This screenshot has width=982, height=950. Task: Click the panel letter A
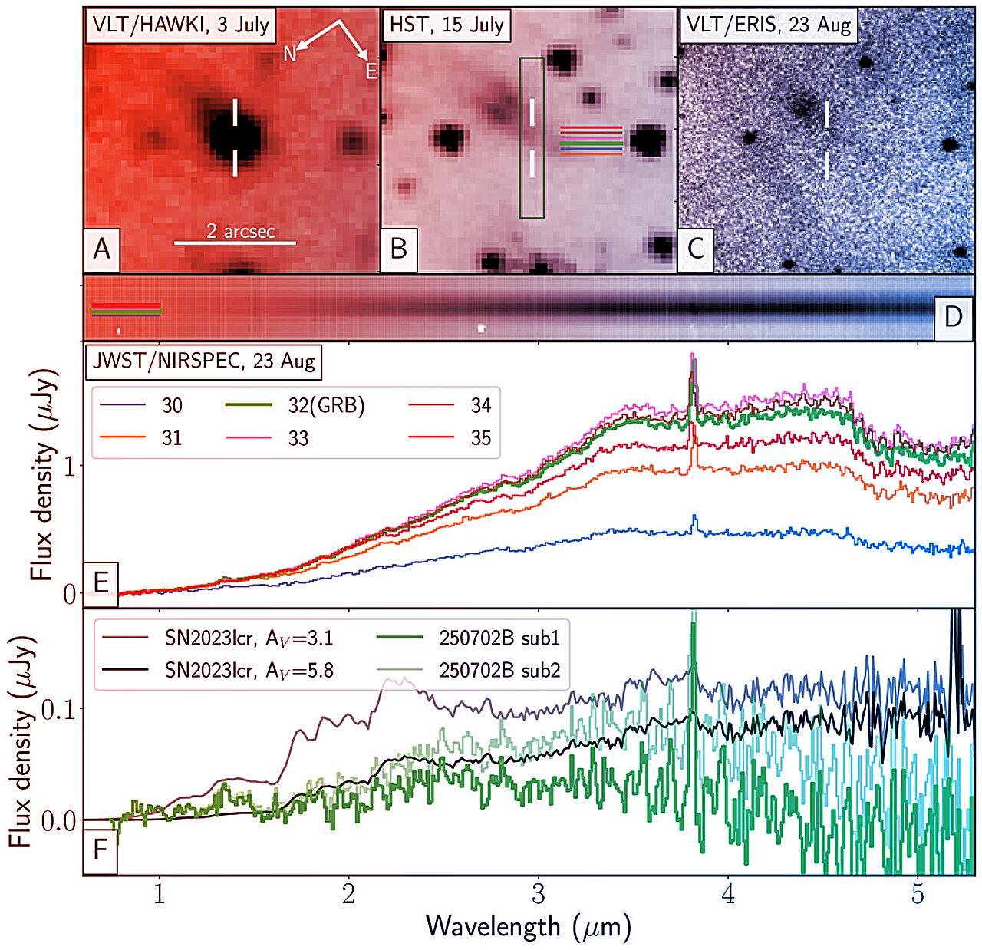[x=101, y=250]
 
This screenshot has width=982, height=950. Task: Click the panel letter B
[x=399, y=250]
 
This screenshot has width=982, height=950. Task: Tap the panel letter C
[x=696, y=250]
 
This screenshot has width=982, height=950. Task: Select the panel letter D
[x=952, y=317]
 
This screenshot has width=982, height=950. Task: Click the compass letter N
[x=290, y=53]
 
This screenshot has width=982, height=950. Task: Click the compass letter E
[x=371, y=72]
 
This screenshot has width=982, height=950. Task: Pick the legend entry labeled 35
[x=480, y=438]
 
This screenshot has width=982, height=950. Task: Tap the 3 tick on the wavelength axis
[x=539, y=895]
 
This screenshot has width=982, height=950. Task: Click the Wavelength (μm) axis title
[x=528, y=925]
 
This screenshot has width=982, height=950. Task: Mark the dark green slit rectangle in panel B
[x=532, y=138]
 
